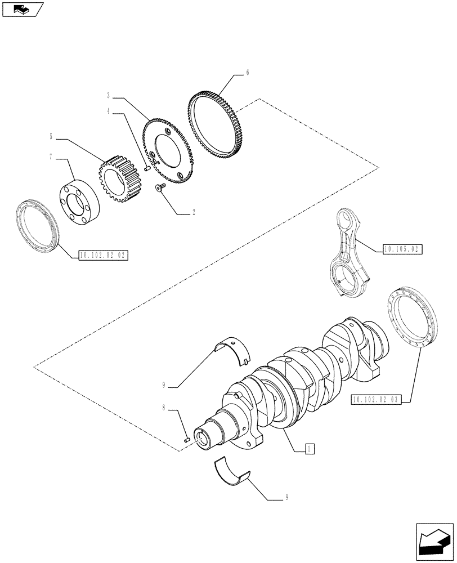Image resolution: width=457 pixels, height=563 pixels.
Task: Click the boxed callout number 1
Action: tap(308, 448)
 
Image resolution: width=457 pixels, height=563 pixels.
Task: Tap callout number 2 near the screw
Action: tap(194, 213)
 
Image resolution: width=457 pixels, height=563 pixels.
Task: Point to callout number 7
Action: tap(51, 157)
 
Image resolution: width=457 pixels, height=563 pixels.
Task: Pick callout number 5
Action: tap(51, 136)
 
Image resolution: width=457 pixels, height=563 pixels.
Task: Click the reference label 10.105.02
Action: tap(402, 248)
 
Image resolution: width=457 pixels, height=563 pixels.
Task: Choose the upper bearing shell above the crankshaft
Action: tap(236, 349)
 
